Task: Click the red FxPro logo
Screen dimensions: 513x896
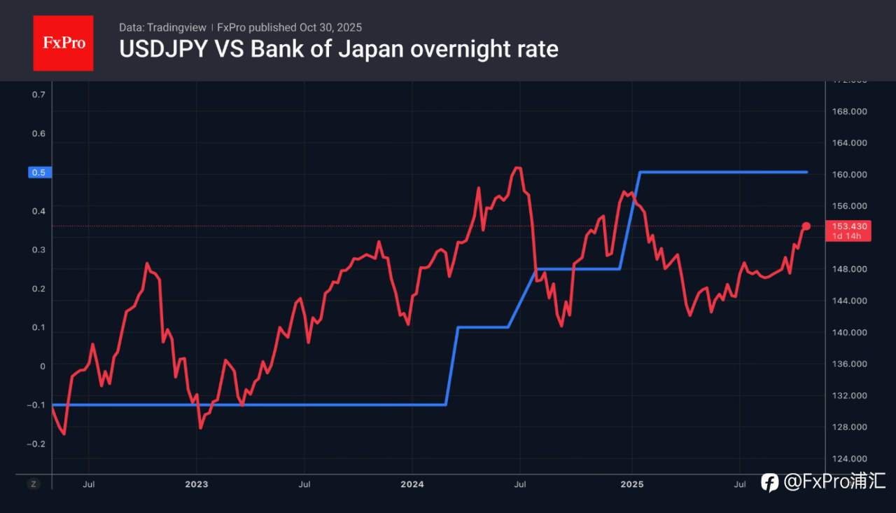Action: tap(63, 43)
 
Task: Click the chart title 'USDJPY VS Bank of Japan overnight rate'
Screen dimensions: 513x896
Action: tap(339, 49)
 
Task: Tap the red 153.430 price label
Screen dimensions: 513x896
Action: tap(850, 226)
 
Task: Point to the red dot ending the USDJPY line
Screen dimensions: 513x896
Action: tap(806, 226)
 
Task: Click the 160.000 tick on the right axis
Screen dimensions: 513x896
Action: tap(849, 175)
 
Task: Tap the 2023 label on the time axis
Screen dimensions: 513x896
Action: tap(196, 484)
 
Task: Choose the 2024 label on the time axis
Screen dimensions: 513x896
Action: tap(412, 484)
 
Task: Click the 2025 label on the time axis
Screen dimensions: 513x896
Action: tap(632, 484)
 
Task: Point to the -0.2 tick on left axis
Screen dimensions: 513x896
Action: tap(36, 444)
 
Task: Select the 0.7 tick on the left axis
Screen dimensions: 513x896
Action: tap(38, 95)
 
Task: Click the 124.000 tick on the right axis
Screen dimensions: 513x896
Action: tap(849, 459)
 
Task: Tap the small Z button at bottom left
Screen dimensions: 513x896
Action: tap(33, 484)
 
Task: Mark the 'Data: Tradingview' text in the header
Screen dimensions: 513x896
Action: tap(162, 27)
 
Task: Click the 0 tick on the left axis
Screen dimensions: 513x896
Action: tap(42, 366)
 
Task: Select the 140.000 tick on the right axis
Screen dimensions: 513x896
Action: tap(849, 332)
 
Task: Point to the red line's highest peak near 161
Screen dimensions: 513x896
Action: tap(517, 167)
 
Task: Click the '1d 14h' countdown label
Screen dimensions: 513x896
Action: tap(847, 236)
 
